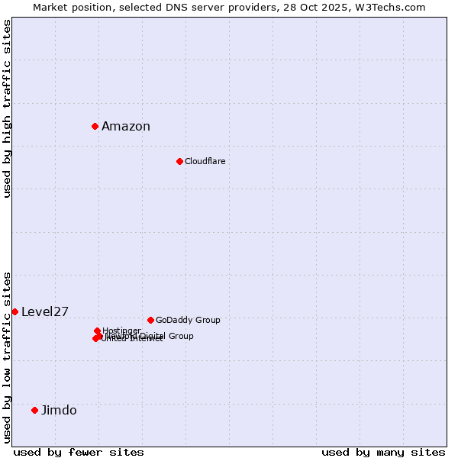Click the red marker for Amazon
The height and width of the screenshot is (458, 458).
tap(95, 126)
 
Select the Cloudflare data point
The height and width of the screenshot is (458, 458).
tap(179, 161)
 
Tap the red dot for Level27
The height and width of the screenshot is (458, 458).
tap(15, 311)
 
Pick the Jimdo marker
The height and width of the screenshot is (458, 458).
tap(34, 410)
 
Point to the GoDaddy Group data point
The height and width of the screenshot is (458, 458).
tap(150, 320)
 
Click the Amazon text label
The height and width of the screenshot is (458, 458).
tap(126, 127)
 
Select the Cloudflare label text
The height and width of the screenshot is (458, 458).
tap(205, 161)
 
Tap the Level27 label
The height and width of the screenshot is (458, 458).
tap(45, 311)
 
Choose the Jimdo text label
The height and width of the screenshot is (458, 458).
tap(59, 410)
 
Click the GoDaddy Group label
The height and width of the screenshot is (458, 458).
tap(188, 320)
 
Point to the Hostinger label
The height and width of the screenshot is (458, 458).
tap(121, 331)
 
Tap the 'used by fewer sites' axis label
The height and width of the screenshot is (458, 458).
tap(79, 452)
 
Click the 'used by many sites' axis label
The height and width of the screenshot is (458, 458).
tap(383, 452)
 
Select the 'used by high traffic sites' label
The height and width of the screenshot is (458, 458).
tap(7, 109)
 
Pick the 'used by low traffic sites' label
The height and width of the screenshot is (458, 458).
tap(7, 357)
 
